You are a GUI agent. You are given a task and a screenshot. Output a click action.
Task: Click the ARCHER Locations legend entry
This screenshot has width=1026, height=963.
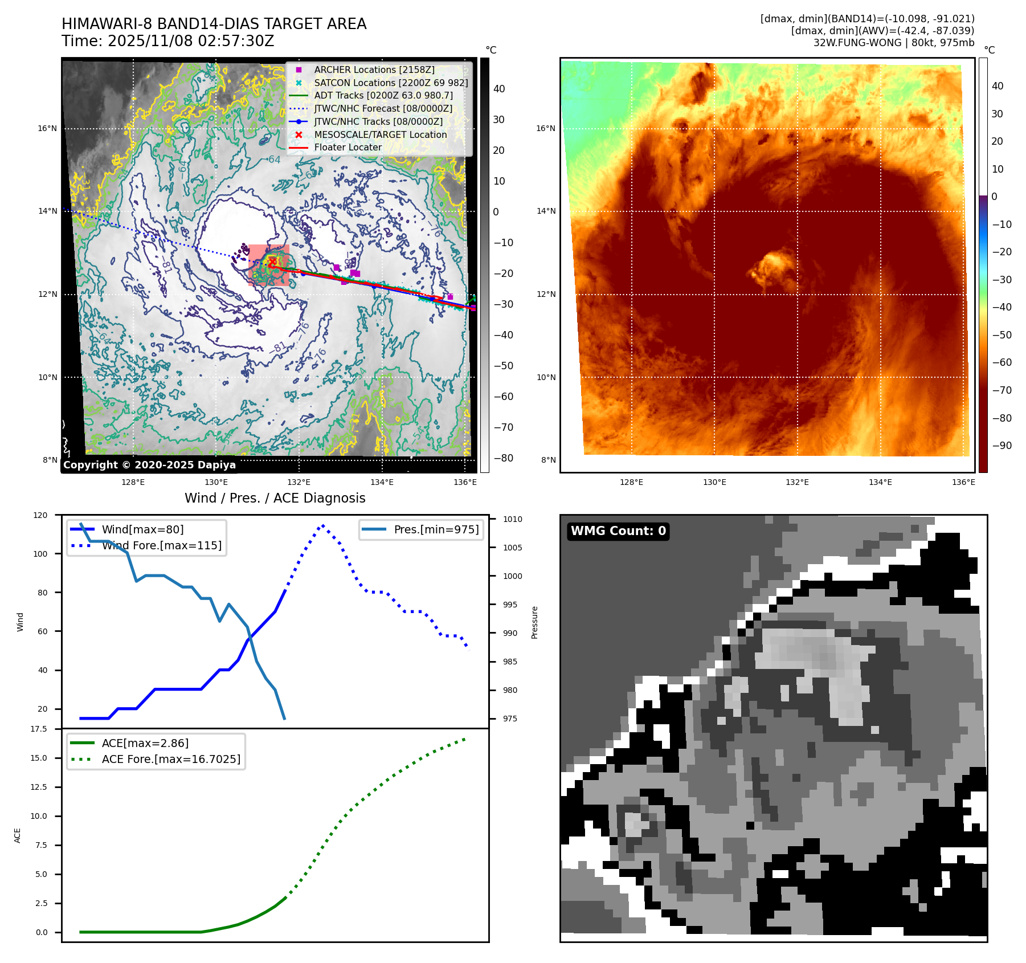click(x=374, y=70)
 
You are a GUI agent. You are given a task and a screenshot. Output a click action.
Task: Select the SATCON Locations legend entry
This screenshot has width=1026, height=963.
click(x=390, y=83)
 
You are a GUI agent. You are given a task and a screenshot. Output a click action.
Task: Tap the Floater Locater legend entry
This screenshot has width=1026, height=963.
click(x=348, y=147)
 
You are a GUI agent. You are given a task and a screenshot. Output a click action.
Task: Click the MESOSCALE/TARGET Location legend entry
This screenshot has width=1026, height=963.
click(x=380, y=134)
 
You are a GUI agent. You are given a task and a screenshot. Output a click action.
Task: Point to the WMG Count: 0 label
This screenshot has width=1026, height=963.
click(x=618, y=531)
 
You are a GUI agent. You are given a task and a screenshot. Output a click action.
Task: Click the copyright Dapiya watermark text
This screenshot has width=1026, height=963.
click(x=149, y=465)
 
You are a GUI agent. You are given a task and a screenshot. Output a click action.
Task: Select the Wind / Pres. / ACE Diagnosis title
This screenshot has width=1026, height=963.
click(x=275, y=498)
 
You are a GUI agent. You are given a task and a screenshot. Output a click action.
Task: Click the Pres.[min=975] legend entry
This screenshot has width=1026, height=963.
click(x=436, y=529)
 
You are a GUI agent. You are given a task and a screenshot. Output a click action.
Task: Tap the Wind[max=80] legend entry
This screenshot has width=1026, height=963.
click(x=142, y=529)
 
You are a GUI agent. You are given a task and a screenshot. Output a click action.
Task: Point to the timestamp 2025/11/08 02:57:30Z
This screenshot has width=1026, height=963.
click(x=191, y=41)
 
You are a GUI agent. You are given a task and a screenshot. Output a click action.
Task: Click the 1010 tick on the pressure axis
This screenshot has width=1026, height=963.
click(x=513, y=519)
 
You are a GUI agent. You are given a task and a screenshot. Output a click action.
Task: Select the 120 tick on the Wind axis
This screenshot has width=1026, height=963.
click(x=40, y=515)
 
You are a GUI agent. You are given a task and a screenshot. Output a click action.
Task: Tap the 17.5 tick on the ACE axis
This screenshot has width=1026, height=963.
click(x=39, y=729)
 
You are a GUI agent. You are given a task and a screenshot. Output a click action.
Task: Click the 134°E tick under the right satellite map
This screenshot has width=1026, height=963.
click(x=880, y=482)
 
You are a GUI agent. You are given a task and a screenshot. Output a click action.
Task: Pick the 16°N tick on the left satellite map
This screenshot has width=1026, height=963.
click(x=47, y=128)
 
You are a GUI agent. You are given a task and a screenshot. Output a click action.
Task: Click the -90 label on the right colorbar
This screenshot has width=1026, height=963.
click(x=1002, y=446)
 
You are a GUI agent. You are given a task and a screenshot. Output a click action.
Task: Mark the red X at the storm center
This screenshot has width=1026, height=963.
click(x=272, y=262)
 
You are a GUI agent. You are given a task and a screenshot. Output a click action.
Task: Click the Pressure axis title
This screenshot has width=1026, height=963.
click(x=534, y=622)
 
